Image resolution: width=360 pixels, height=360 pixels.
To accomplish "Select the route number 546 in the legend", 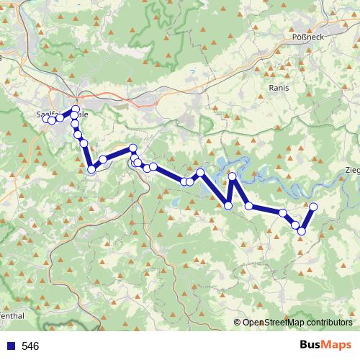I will click(x=30, y=346).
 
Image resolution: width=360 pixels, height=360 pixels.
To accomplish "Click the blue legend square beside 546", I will click(x=10, y=346).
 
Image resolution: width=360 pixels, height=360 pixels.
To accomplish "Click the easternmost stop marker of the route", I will click(x=313, y=207).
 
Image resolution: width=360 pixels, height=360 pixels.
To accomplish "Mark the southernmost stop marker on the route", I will click(x=302, y=231).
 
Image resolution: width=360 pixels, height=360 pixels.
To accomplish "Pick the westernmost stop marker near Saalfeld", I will click(x=46, y=119).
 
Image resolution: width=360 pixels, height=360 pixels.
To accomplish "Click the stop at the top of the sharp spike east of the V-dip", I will click(x=233, y=176).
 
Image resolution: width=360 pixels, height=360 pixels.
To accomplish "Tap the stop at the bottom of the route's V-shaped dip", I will click(x=228, y=206).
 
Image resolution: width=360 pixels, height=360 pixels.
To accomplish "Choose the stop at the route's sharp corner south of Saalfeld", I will click(x=91, y=170).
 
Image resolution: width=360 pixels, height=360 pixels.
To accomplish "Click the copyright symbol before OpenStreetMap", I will click(x=238, y=323).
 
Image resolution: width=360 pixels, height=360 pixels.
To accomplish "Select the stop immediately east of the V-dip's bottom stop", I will click(x=249, y=206).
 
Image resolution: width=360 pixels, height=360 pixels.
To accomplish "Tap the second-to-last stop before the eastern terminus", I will click(x=295, y=225).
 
